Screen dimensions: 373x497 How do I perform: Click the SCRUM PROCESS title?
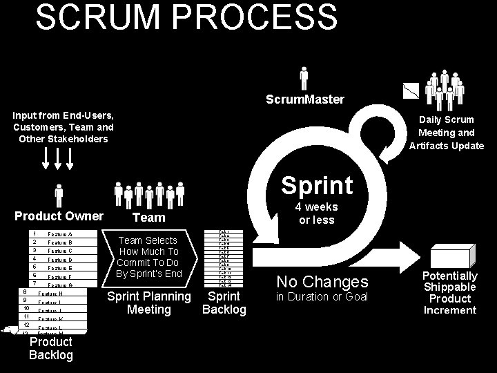coord(186,17)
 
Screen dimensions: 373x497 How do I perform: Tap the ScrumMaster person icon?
coord(304,78)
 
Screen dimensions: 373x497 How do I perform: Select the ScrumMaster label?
coord(305,99)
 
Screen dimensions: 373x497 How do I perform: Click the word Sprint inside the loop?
coord(317,185)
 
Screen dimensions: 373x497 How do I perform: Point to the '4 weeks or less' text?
coord(316,213)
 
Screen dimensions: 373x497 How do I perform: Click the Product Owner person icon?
coord(59,195)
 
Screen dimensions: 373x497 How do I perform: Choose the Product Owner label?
coord(59,216)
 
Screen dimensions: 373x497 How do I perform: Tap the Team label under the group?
coord(148,218)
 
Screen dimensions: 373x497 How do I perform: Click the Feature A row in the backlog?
coord(59,234)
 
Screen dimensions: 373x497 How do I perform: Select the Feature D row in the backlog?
coord(59,260)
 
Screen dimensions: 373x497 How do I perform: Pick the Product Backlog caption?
coord(50,349)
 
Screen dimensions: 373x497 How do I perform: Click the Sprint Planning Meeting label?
coord(149,303)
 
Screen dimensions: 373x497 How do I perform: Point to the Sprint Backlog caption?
coord(224,303)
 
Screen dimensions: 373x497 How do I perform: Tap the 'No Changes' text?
coord(322,282)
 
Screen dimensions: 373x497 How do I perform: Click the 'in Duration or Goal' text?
coord(322,297)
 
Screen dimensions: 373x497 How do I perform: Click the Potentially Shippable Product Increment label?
coord(450,293)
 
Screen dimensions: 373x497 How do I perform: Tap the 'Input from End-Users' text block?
coord(63,126)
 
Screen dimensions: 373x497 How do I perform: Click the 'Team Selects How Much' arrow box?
coord(149,257)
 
